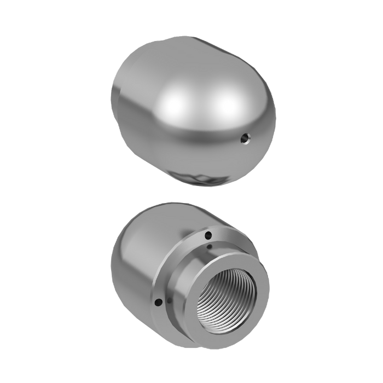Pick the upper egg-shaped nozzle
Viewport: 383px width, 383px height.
(x=191, y=109)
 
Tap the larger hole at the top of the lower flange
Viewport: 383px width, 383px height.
(x=207, y=236)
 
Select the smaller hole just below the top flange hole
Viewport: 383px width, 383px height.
(x=211, y=247)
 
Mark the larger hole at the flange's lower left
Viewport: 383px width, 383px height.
(x=158, y=300)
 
